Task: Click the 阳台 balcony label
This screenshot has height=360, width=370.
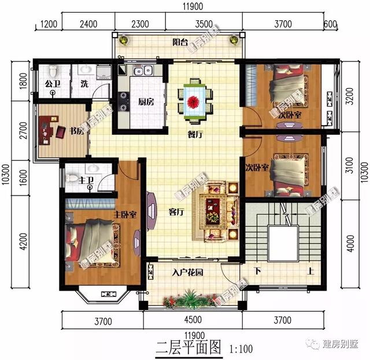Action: (x=182, y=42)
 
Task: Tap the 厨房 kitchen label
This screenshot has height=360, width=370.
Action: (x=146, y=102)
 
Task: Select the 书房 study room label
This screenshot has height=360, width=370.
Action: (x=77, y=131)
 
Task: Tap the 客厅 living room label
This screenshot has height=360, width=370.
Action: (x=176, y=212)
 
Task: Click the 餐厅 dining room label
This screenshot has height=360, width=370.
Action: (x=194, y=134)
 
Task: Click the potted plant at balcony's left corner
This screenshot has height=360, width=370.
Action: (x=123, y=41)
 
